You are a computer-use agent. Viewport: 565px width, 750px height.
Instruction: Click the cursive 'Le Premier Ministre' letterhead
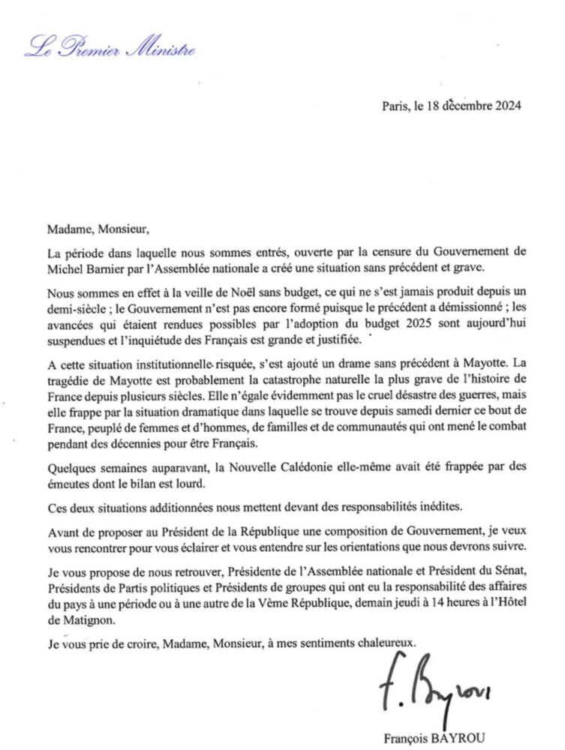[x=110, y=49]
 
